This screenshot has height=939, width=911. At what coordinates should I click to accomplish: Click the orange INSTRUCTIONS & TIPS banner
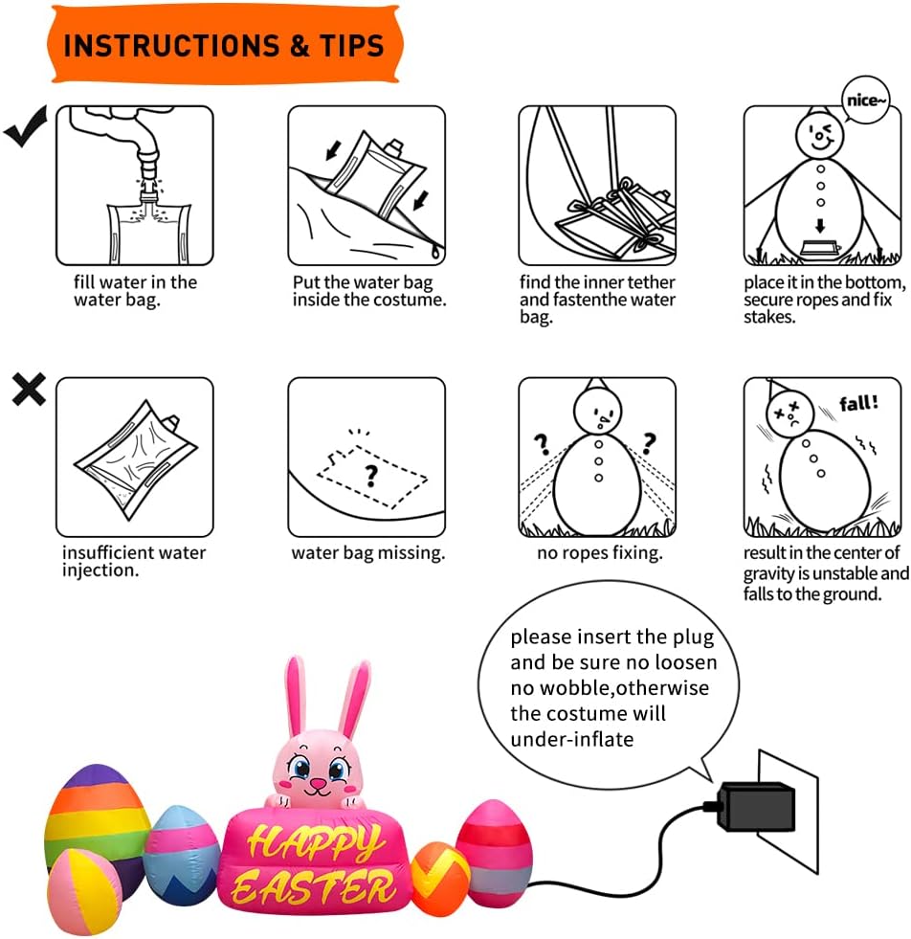(225, 45)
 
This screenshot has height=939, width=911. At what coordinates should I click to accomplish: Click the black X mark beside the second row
(29, 390)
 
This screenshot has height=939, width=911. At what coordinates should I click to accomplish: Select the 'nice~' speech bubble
(865, 101)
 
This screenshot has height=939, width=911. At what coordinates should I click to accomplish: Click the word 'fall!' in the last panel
(858, 403)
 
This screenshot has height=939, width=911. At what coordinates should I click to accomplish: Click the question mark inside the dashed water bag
(371, 476)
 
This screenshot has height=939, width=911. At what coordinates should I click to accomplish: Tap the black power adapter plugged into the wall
(756, 807)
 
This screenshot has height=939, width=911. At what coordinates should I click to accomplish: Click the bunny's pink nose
(318, 783)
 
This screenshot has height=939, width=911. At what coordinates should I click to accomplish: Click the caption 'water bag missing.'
(368, 552)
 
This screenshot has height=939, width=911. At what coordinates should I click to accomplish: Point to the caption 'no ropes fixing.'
(600, 552)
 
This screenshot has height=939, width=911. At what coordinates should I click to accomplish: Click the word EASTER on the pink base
(313, 887)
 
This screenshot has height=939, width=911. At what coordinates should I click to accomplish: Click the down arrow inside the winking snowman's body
(820, 226)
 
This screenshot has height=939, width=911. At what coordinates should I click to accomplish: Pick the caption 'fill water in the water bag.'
(135, 291)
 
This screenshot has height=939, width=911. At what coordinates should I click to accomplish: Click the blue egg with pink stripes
(182, 855)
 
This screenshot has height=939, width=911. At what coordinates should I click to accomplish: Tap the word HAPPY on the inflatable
(314, 840)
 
